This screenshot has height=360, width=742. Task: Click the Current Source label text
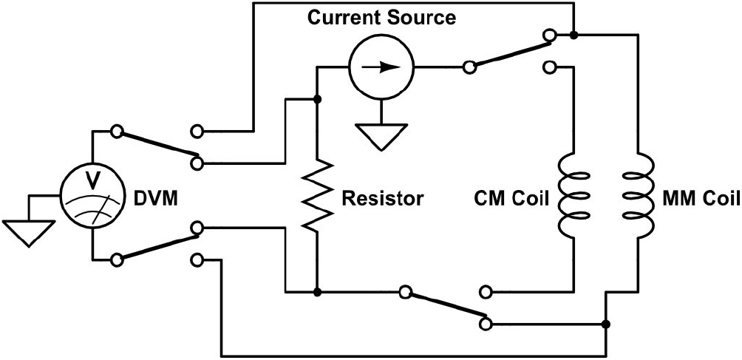pyautogui.click(x=381, y=18)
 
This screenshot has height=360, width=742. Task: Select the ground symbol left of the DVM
pyautogui.click(x=26, y=231)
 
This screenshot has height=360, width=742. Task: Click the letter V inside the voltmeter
pyautogui.click(x=93, y=180)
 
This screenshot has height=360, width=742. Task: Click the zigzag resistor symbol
pyautogui.click(x=316, y=197)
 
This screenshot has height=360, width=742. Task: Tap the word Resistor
pyautogui.click(x=383, y=198)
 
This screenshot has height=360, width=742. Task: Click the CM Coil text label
pyautogui.click(x=508, y=198)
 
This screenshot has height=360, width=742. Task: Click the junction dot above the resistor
pyautogui.click(x=316, y=99)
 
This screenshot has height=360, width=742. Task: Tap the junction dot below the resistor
pyautogui.click(x=316, y=291)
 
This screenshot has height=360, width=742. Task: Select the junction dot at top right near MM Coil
pyautogui.click(x=574, y=35)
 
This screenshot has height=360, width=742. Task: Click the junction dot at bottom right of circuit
pyautogui.click(x=606, y=324)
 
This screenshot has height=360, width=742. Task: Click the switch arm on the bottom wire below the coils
pyautogui.click(x=445, y=308)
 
